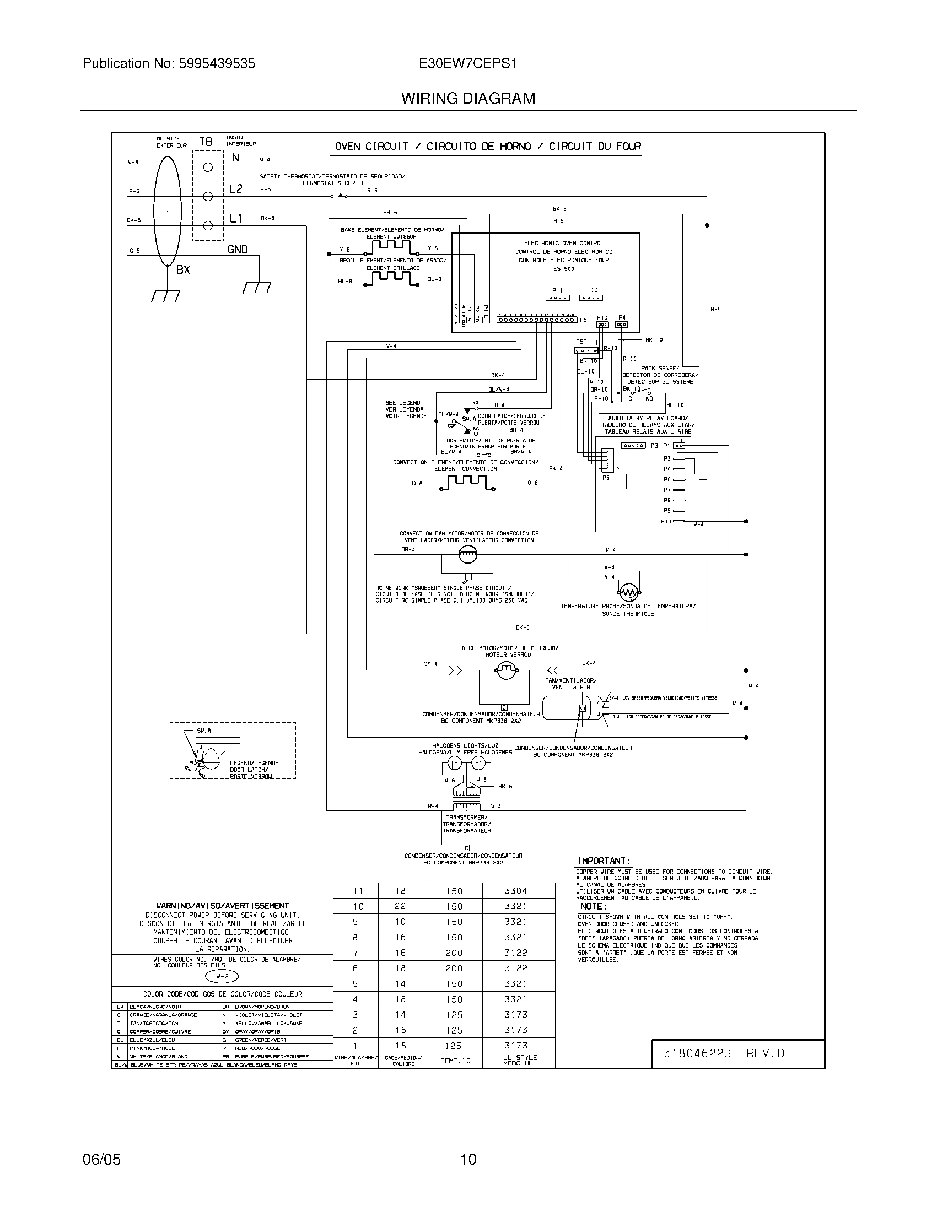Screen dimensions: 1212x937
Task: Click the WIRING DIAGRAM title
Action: pyautogui.click(x=468, y=99)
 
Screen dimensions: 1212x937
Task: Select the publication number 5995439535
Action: pyautogui.click(x=217, y=64)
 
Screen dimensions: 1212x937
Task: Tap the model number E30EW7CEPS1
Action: pyautogui.click(x=468, y=64)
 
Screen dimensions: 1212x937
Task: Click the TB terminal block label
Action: pyautogui.click(x=206, y=142)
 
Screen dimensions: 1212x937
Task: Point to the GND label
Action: pyautogui.click(x=237, y=250)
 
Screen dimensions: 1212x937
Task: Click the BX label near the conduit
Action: pyautogui.click(x=183, y=270)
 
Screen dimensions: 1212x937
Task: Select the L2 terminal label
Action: pyautogui.click(x=235, y=189)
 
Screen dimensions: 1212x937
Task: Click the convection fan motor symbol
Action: pyautogui.click(x=467, y=553)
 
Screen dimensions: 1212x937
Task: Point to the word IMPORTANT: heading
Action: pyautogui.click(x=605, y=861)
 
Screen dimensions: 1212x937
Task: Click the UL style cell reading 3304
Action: pyautogui.click(x=516, y=891)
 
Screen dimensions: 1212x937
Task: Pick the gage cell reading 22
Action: pyautogui.click(x=400, y=906)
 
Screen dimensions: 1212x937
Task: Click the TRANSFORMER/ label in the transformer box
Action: pyautogui.click(x=466, y=818)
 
